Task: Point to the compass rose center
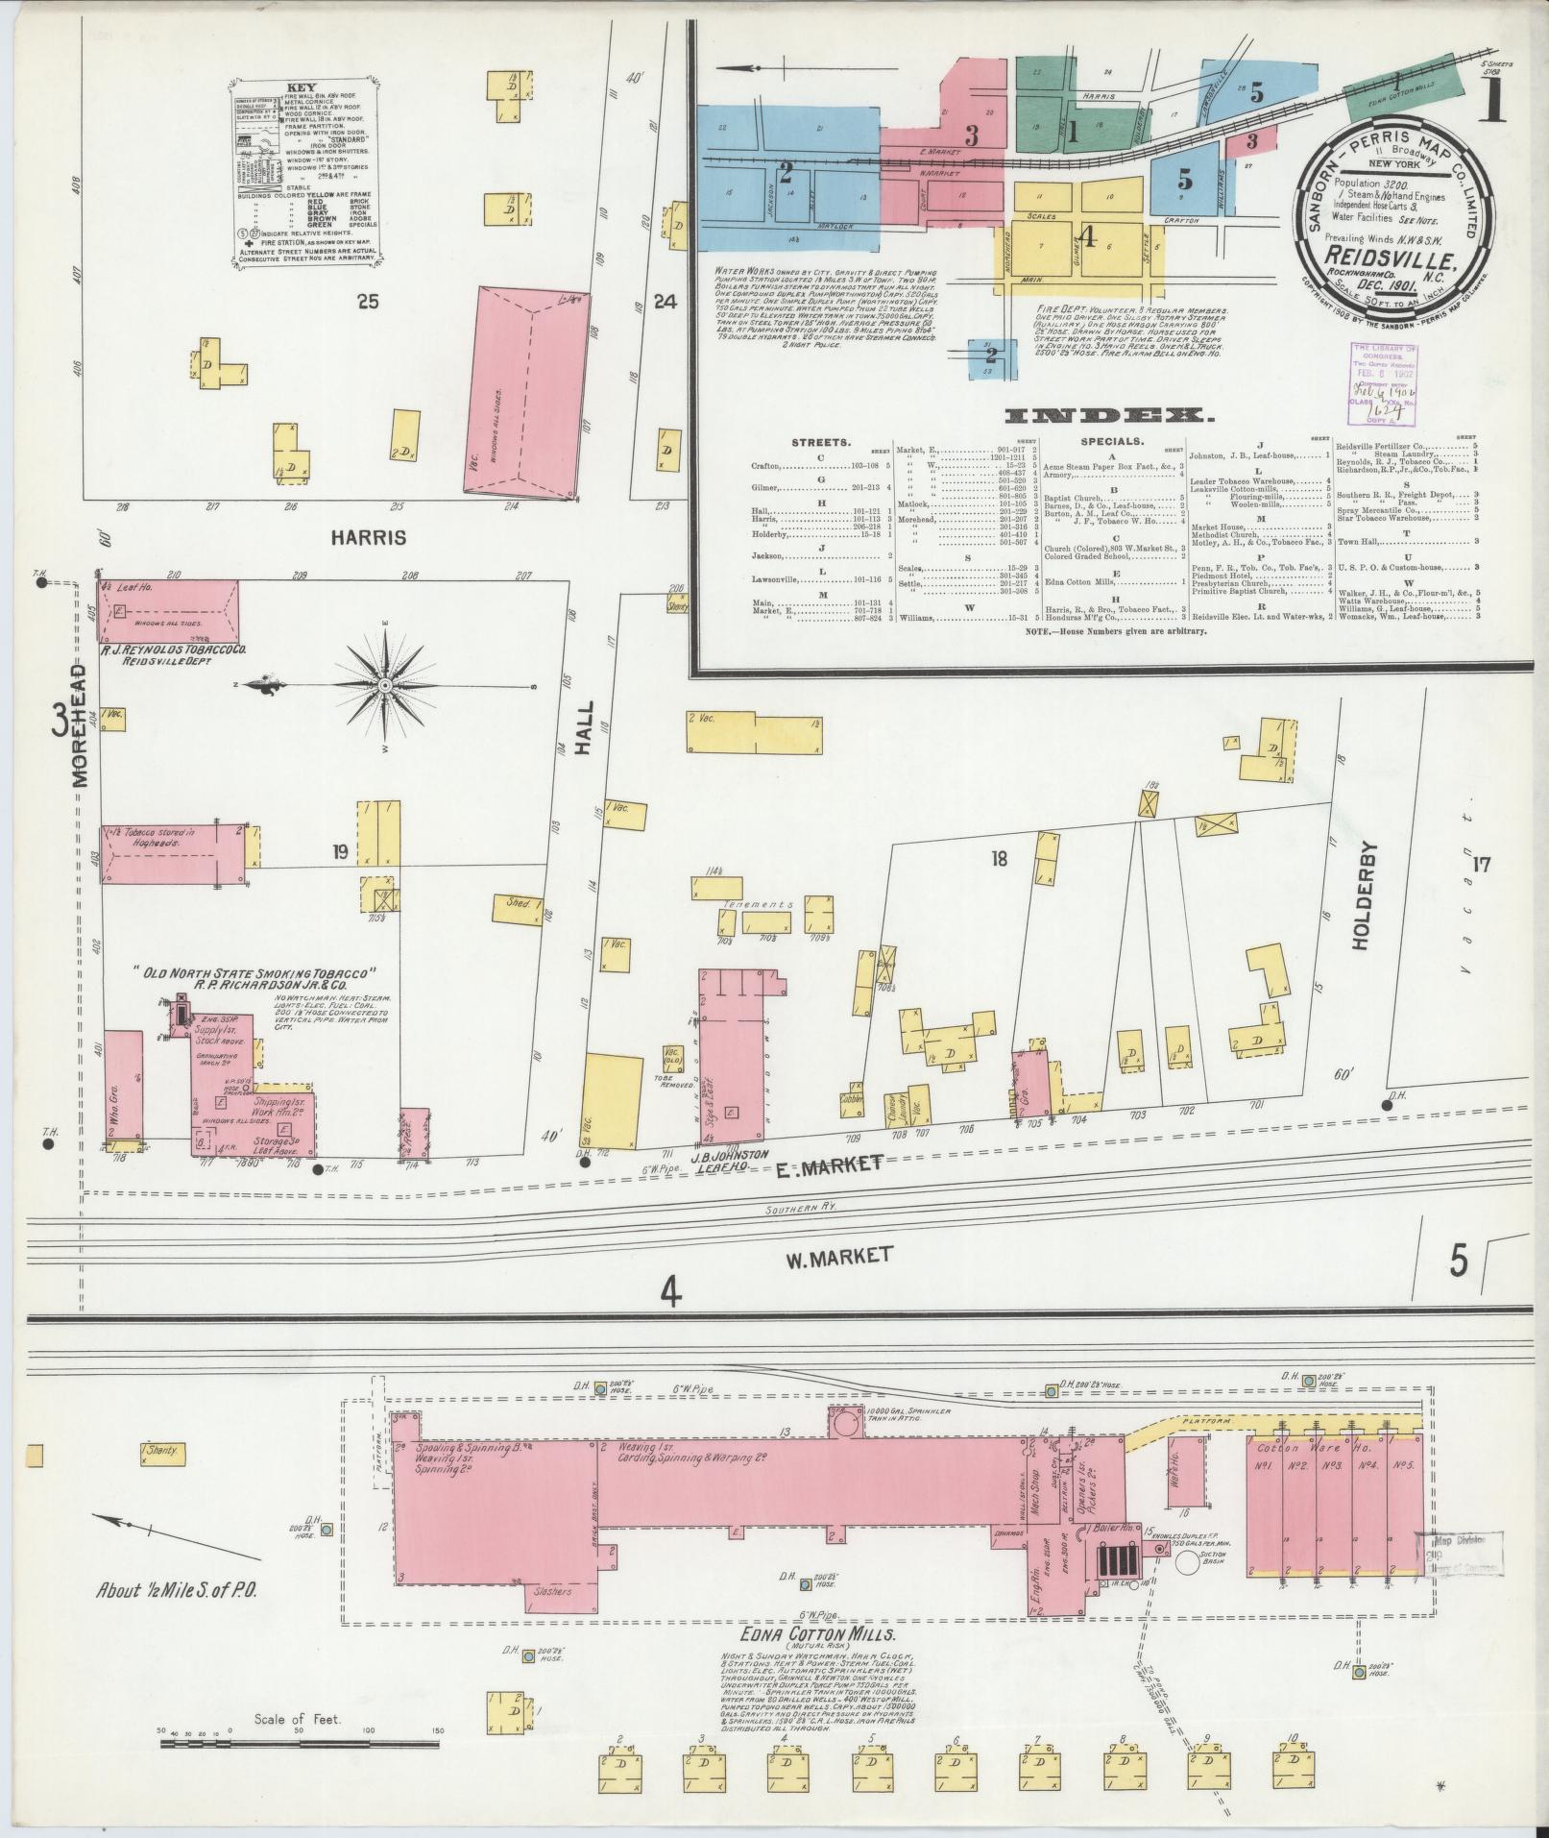pyautogui.click(x=384, y=685)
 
